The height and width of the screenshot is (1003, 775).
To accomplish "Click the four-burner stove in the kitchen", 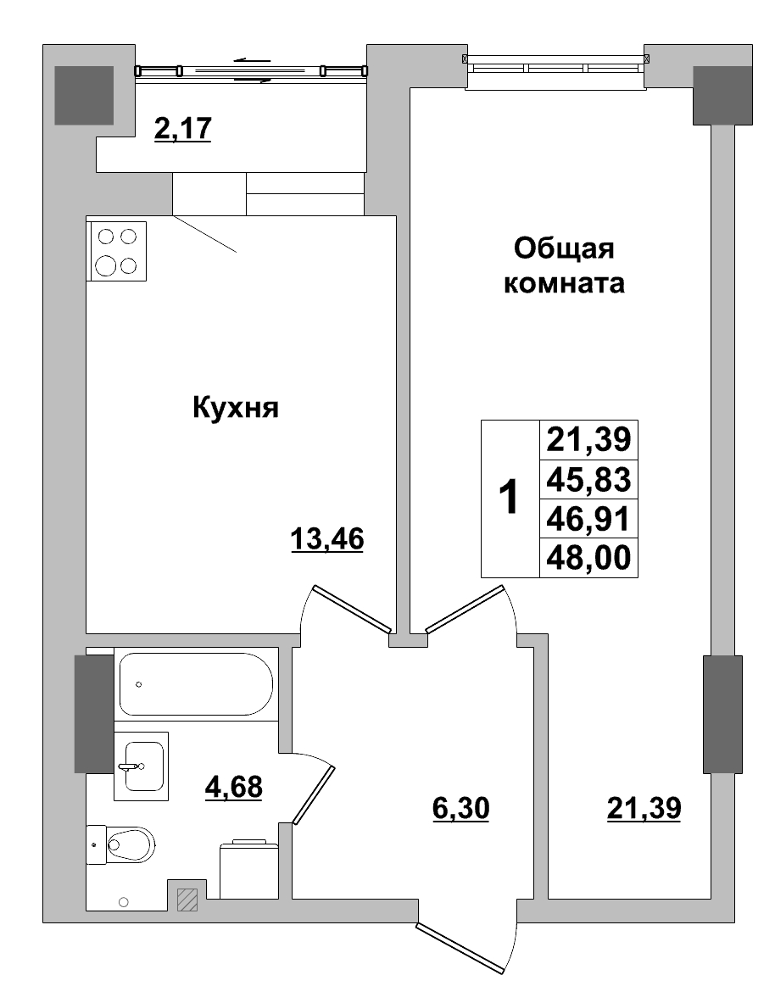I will [117, 251].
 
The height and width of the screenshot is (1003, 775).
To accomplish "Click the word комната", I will [564, 283].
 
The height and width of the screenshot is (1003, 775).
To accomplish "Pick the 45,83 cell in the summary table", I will [588, 480].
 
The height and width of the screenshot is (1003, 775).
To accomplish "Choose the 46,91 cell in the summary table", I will [588, 519].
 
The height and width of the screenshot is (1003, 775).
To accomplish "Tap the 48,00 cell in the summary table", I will [588, 559].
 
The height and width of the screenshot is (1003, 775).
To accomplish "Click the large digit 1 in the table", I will [509, 499].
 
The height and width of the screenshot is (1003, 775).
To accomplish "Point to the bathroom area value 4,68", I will [234, 787].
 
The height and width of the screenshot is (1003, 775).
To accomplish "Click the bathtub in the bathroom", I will [195, 684].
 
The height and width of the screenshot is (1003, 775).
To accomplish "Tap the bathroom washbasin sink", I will [142, 766].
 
